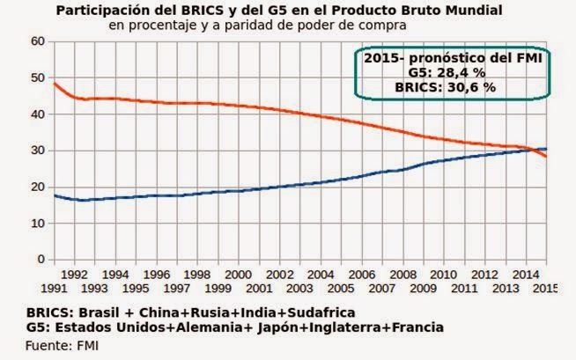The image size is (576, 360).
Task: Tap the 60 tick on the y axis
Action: click(36, 41)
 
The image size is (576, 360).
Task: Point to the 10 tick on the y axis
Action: click(36, 224)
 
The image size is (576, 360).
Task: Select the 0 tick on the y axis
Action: click(40, 260)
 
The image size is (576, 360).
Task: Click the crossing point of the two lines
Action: click(533, 151)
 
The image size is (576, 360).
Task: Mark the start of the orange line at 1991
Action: click(55, 84)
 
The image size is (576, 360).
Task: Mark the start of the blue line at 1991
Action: click(55, 195)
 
